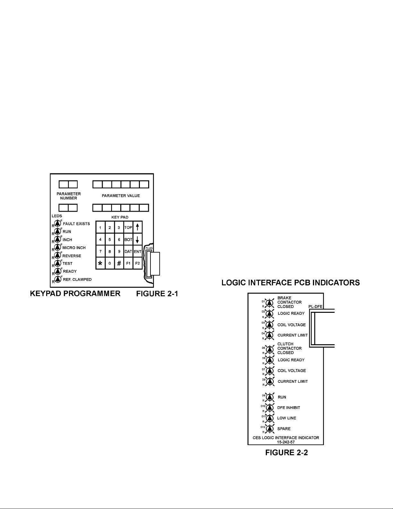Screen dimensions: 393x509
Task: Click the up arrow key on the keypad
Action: click(137, 227)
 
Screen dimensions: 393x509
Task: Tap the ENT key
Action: click(138, 251)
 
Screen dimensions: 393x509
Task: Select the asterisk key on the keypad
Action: click(100, 263)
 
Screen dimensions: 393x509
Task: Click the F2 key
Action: click(138, 263)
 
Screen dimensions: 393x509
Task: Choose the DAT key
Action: click(128, 251)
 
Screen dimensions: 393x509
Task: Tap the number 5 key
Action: click(110, 240)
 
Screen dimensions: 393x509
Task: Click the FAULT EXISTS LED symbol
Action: click(58, 224)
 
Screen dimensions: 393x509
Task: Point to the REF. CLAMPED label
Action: click(77, 279)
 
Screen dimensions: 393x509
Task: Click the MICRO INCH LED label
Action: click(74, 248)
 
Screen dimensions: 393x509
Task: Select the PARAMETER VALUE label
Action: click(121, 196)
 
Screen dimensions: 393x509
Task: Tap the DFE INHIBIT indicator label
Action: click(288, 408)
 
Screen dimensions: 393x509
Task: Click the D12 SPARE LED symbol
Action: click(270, 429)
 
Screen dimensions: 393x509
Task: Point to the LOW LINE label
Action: click(286, 418)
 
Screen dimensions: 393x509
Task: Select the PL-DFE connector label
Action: click(315, 307)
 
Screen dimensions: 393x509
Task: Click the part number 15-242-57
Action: click(286, 442)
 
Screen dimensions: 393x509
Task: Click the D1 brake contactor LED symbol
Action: click(270, 303)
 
